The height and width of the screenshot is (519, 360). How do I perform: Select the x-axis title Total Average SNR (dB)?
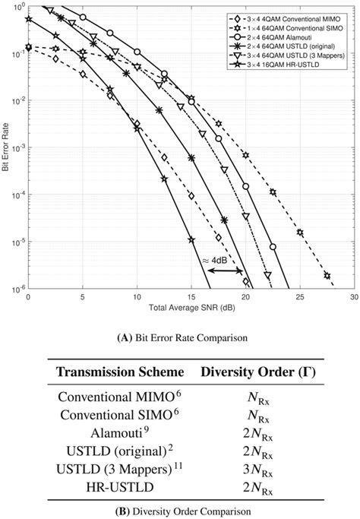click(x=190, y=308)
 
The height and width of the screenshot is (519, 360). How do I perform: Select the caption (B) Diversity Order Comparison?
click(x=180, y=510)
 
